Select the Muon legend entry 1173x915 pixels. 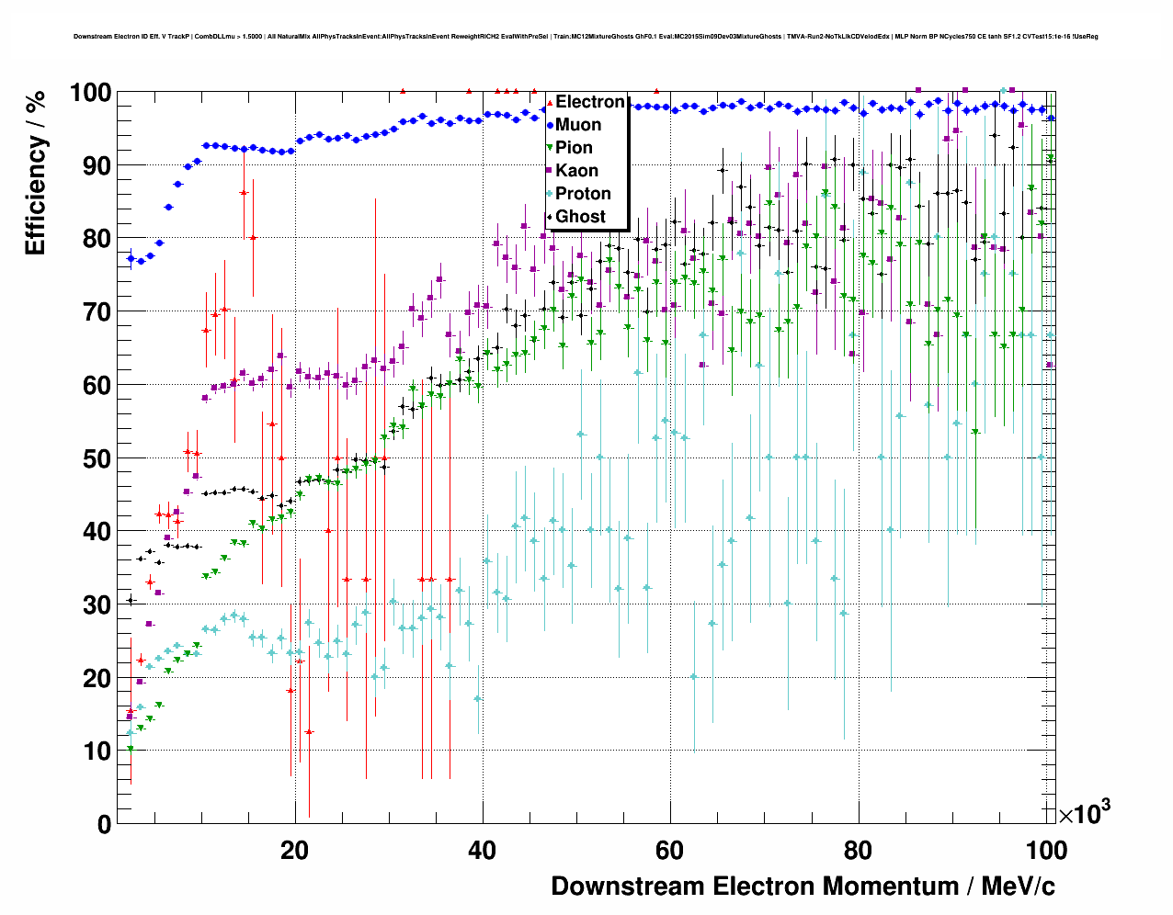578,125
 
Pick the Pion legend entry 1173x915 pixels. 574,148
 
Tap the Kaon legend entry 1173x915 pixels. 576,171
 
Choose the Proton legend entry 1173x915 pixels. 583,194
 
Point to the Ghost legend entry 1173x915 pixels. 581,217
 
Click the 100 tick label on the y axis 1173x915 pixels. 91,93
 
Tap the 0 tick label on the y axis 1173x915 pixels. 104,824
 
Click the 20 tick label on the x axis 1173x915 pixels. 294,850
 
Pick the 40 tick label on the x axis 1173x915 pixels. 483,850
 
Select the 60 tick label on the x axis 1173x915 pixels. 670,850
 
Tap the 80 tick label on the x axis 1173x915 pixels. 858,850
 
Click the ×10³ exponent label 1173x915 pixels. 1084,812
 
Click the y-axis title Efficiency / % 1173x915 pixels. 35,175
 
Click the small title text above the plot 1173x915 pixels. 586,37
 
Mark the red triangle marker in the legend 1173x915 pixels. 549,102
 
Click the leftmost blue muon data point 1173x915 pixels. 131,258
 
